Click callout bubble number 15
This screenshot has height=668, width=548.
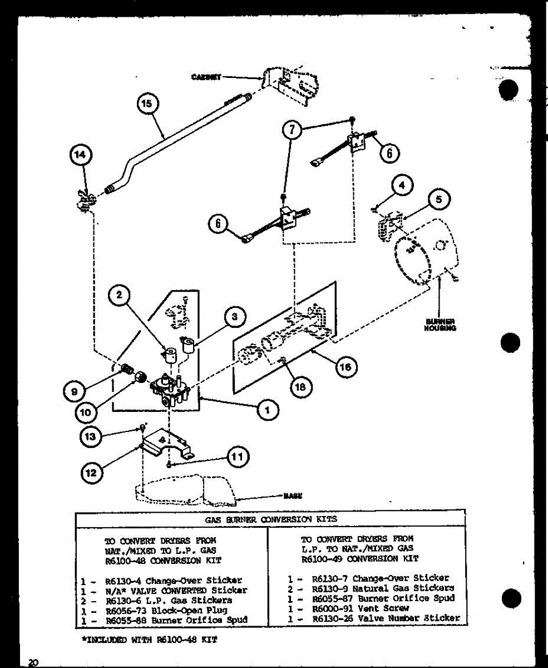pyautogui.click(x=148, y=104)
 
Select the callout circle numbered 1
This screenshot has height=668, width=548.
pyautogui.click(x=268, y=410)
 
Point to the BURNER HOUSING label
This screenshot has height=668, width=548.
pyautogui.click(x=441, y=325)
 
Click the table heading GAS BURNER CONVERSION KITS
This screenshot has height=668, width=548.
pyautogui.click(x=271, y=519)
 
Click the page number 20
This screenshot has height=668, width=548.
pyautogui.click(x=33, y=661)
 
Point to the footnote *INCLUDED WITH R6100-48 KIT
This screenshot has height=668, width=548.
pyautogui.click(x=149, y=640)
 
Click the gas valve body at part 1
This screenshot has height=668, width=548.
pyautogui.click(x=169, y=390)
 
